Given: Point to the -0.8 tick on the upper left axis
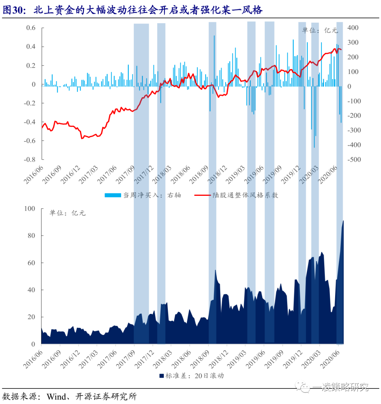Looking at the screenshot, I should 29,160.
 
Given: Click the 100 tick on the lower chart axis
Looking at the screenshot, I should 30,209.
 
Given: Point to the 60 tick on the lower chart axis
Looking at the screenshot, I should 32,263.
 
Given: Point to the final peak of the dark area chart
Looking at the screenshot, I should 343,221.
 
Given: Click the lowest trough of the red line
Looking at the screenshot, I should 82,138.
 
